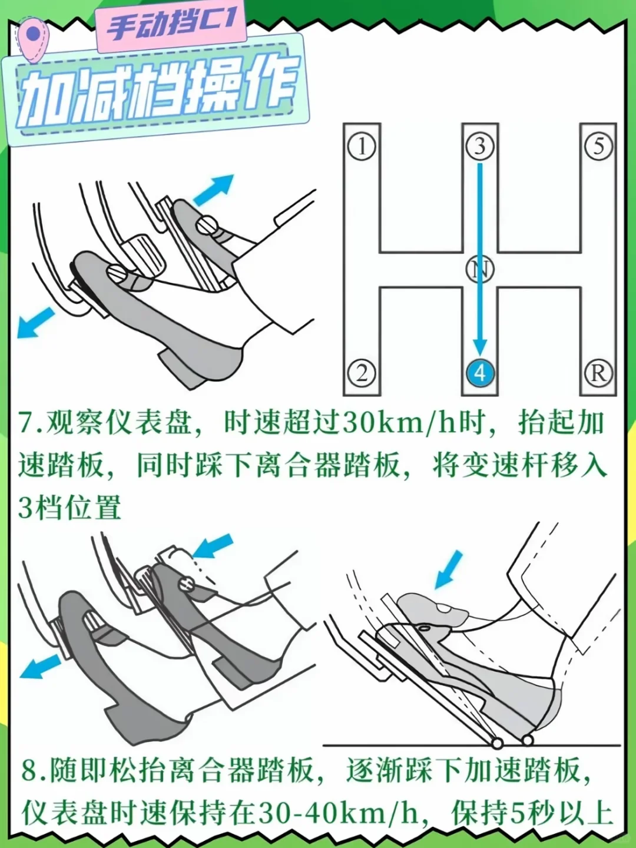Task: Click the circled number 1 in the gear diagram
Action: pos(362,147)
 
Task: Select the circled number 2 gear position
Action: pos(362,373)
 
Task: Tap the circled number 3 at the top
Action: pos(480,147)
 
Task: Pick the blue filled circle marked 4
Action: pos(480,373)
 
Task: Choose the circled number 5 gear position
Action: pos(598,147)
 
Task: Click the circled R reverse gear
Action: pos(598,373)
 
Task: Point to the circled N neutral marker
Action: pos(480,269)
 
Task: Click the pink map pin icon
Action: pos(35,39)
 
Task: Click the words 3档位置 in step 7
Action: pos(69,506)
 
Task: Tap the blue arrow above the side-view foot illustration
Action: pos(449,569)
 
